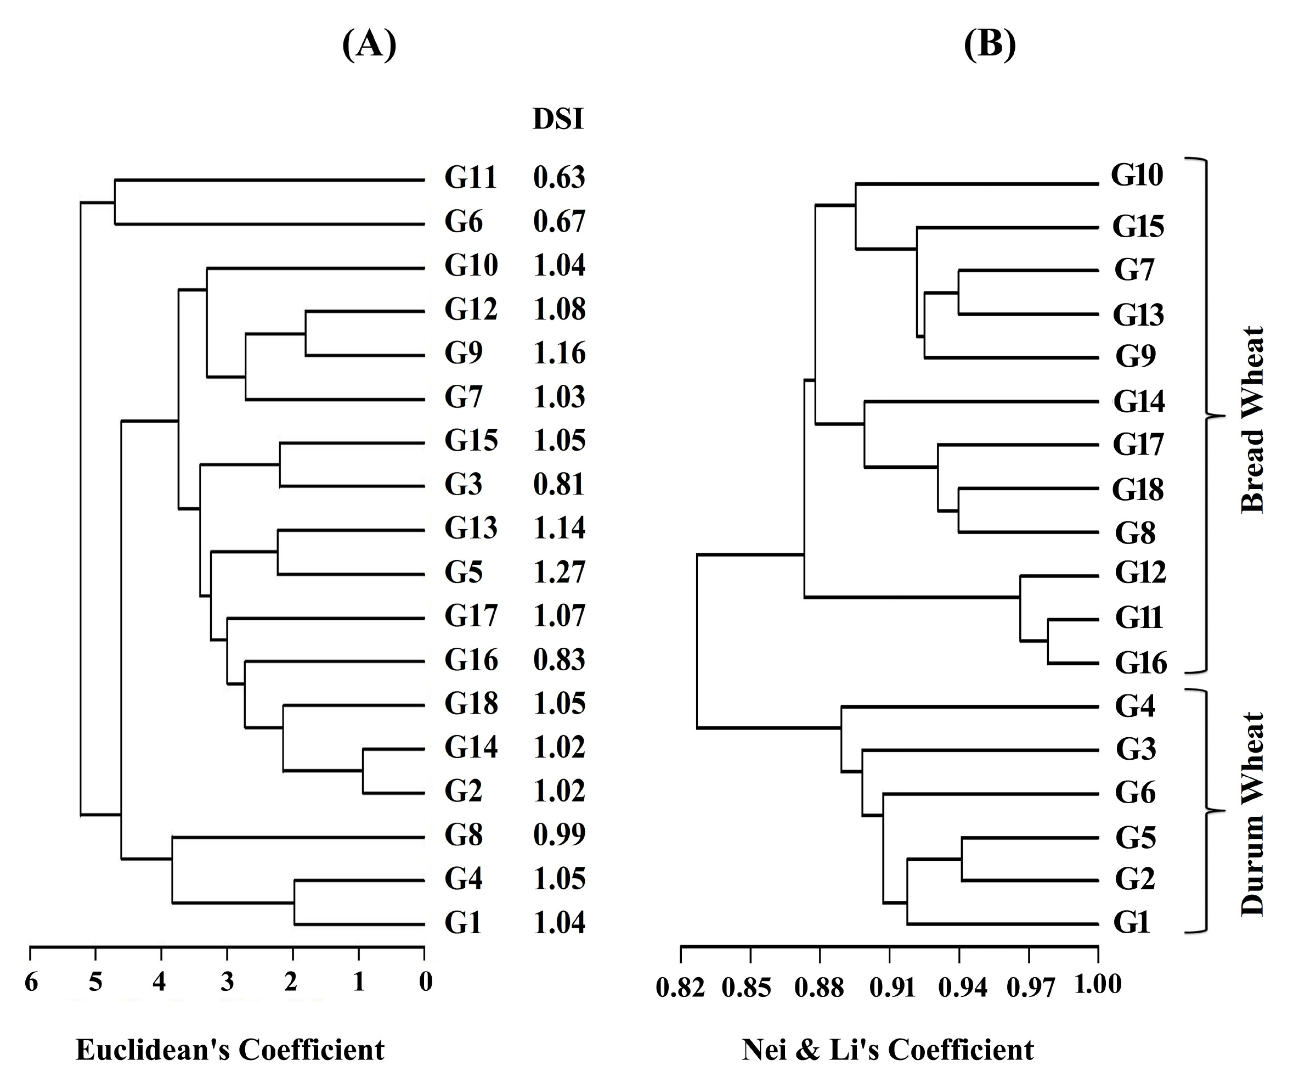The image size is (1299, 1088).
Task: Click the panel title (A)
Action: [x=369, y=45]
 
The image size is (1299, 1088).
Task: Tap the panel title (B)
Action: [x=990, y=45]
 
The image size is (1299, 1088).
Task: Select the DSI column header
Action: [x=558, y=119]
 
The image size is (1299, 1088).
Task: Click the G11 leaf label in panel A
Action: [x=471, y=178]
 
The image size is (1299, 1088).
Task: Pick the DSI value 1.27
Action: [x=559, y=572]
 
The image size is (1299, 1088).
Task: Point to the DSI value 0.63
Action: [x=559, y=178]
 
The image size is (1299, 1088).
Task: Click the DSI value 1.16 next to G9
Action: [x=559, y=353]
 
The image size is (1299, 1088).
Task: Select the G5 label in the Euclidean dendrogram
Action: [x=464, y=572]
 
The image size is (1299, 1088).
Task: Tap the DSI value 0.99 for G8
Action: [x=559, y=835]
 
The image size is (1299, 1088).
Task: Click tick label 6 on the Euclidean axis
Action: [x=31, y=982]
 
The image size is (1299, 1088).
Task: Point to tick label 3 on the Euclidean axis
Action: [x=228, y=982]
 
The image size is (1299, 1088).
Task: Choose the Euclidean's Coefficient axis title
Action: [x=230, y=1050]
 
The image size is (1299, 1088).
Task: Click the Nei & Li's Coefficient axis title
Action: [x=888, y=1050]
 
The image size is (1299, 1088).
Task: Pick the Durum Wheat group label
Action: [x=1252, y=815]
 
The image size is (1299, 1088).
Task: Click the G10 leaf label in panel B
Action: [x=1138, y=175]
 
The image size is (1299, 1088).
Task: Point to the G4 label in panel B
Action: [x=1136, y=706]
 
